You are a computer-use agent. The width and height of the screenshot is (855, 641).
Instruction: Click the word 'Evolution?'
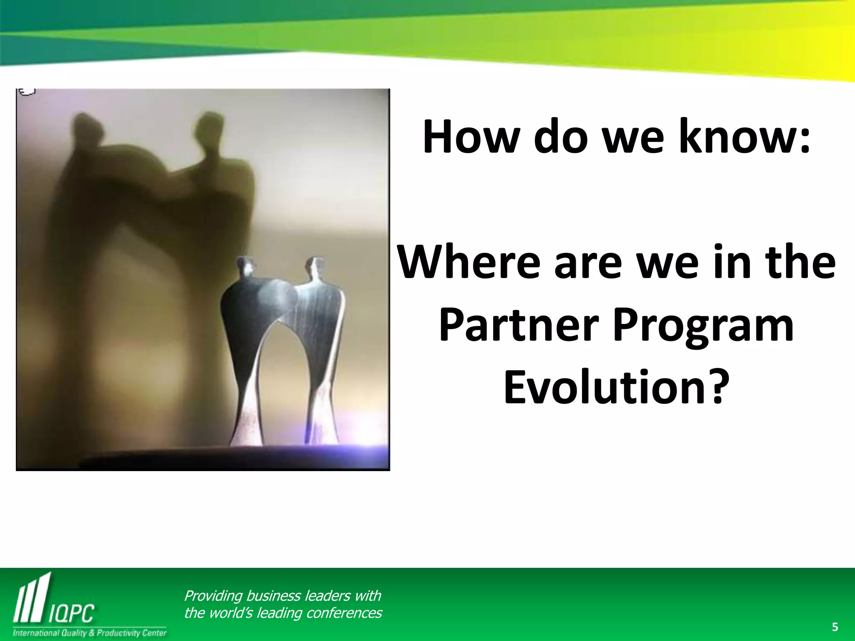point(616,387)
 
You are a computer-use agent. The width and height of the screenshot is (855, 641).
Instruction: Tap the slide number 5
point(835,627)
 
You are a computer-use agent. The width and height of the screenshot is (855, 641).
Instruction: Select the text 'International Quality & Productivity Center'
point(90,633)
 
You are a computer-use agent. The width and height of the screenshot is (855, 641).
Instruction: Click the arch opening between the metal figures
point(284,376)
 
